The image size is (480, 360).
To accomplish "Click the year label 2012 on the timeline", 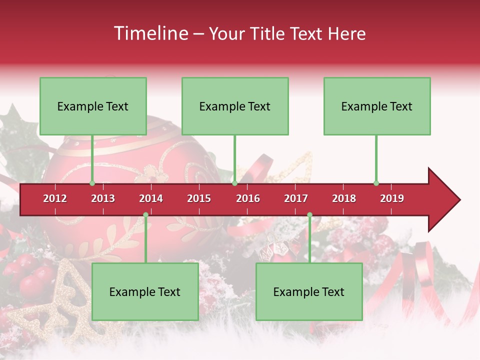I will [x=55, y=198].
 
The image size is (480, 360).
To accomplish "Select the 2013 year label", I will [x=103, y=198].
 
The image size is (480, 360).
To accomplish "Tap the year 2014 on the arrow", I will [x=151, y=198].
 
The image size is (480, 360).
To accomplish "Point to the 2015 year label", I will [x=199, y=198].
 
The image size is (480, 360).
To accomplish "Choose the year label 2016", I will [x=248, y=198].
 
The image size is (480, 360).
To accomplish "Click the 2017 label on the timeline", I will [x=296, y=198].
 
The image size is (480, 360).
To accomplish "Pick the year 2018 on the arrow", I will [x=344, y=198].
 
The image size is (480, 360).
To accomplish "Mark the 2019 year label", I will [x=392, y=198].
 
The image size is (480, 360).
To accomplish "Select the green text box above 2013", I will [x=93, y=106].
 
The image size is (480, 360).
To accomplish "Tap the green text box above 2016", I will [x=235, y=106].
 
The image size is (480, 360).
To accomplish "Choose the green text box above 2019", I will [x=377, y=106].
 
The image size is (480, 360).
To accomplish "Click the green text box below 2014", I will [x=145, y=291].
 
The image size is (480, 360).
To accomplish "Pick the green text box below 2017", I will [x=309, y=291].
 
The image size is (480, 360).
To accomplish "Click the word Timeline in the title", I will [x=150, y=33].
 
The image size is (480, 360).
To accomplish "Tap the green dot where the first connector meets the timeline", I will [x=92, y=183].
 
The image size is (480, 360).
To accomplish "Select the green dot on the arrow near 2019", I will [x=376, y=183].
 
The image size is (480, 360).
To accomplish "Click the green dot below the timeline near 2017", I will [x=309, y=214].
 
